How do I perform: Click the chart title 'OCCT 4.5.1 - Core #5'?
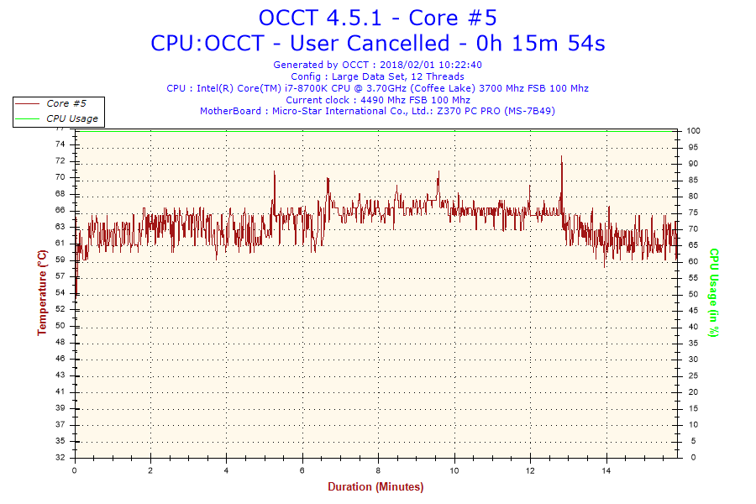coord(377,18)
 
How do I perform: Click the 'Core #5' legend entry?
coord(66,103)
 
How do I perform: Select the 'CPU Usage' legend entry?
coord(71,118)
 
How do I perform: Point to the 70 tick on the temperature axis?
coord(60,177)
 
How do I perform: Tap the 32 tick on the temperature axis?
coord(60,458)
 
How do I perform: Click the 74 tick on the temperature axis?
coord(60,144)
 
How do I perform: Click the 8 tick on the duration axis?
coord(379,471)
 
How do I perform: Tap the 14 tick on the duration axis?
coord(606,471)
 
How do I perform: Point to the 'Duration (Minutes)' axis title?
coord(375,486)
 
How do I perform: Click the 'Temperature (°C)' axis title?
coord(42,292)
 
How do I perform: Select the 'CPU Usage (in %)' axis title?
coord(713,292)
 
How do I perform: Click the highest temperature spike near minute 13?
coord(561,156)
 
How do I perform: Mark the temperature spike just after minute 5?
coord(274,172)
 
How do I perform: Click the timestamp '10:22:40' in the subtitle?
coord(459,65)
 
